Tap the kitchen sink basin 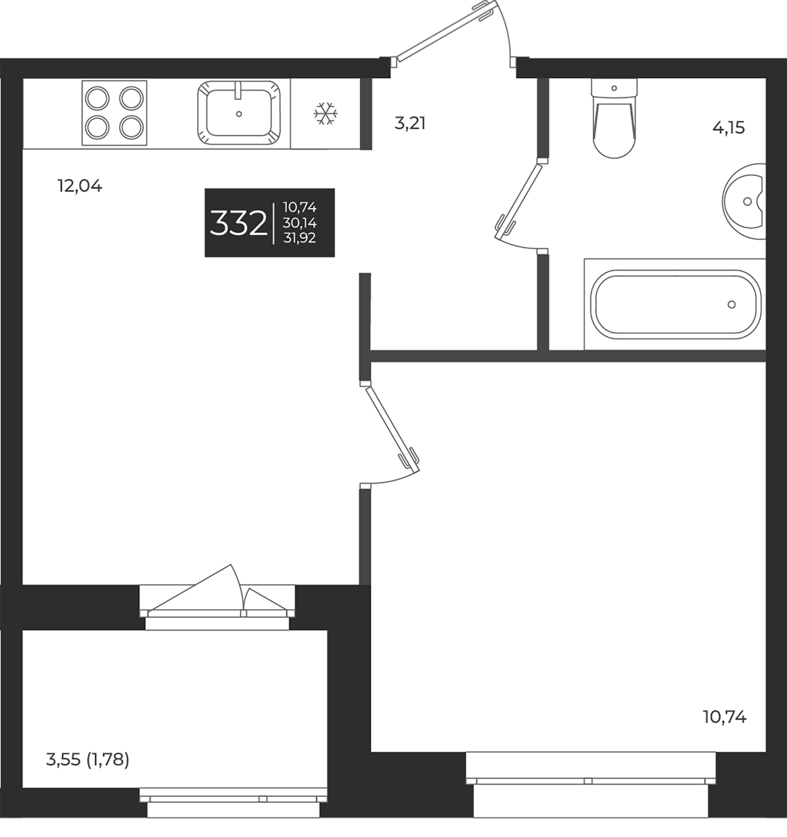[239, 113]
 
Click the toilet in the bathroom [614, 123]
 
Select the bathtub [675, 304]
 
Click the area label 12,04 [80, 186]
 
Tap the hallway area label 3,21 [410, 124]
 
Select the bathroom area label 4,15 [728, 127]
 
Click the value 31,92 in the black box [299, 238]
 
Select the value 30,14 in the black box [299, 223]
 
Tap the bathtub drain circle [732, 305]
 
